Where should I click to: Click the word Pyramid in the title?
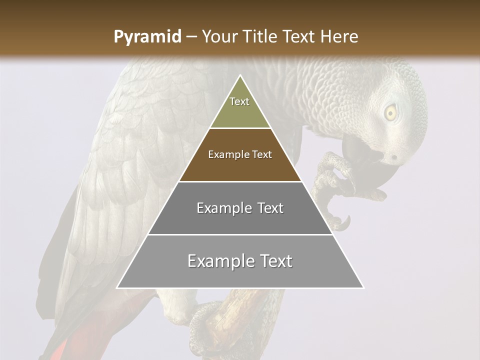coord(147,37)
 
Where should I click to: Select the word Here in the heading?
coord(340,37)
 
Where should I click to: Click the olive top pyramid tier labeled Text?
coord(239,107)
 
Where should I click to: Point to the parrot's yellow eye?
coord(390,112)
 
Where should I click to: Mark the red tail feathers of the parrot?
coord(75,345)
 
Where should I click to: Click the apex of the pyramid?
coord(240,76)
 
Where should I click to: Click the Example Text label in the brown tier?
coord(240,155)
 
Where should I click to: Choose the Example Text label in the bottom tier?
coord(240,261)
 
